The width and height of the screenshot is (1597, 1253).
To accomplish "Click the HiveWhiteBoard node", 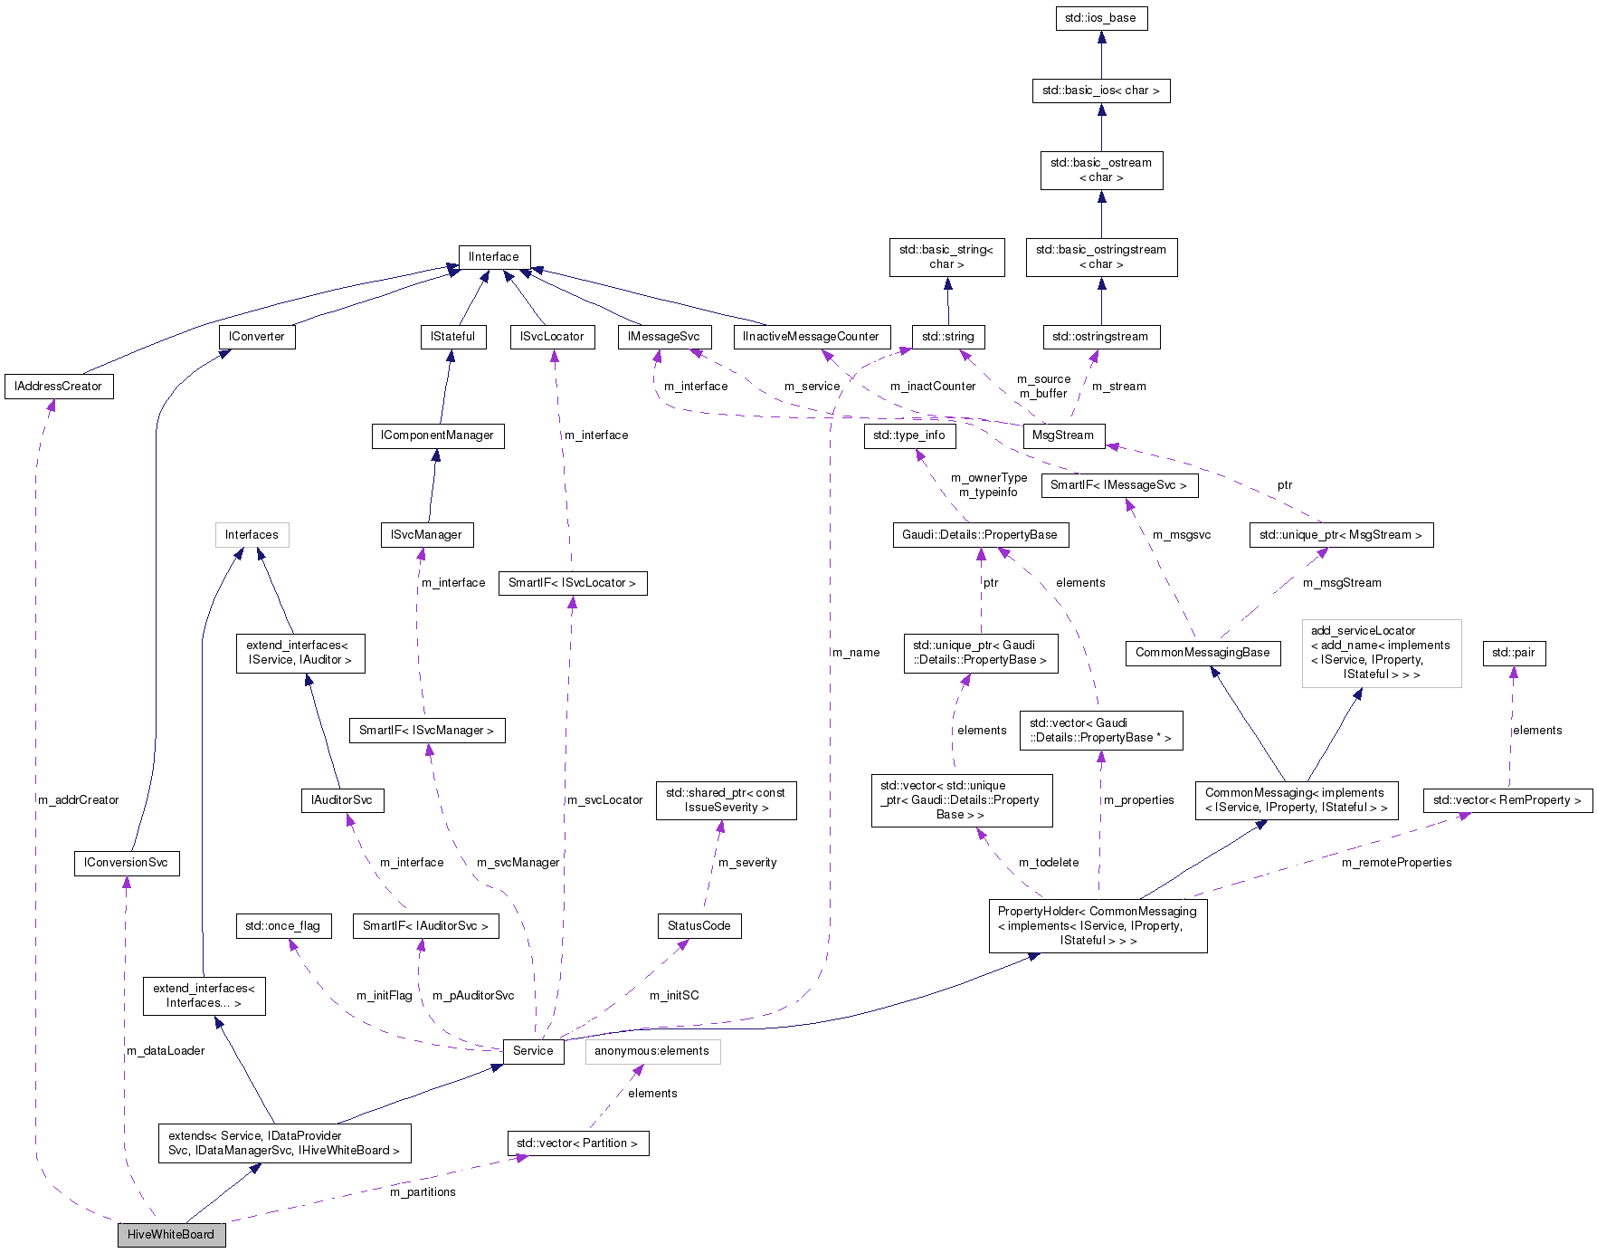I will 171,1234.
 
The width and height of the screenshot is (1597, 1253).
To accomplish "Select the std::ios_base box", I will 1101,18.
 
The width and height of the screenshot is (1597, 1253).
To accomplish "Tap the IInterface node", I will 494,257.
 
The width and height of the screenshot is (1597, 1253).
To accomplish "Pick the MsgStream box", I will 1062,435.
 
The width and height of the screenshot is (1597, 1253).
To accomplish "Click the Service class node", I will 533,1051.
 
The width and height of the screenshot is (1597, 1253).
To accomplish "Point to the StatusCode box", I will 699,926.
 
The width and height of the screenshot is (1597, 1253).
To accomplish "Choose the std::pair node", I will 1514,653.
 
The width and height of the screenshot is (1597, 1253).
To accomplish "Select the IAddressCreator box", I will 59,387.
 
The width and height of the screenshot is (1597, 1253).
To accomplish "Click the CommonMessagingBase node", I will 1203,653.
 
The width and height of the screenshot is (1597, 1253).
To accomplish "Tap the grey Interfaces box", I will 252,535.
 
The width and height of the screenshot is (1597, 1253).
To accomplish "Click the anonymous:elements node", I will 652,1051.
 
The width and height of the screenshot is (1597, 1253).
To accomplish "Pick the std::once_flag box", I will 282,926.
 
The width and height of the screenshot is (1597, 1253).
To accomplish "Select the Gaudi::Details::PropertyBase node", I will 980,535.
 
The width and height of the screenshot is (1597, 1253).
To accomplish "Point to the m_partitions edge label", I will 423,1192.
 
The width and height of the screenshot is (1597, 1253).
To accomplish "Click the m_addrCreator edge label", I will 79,800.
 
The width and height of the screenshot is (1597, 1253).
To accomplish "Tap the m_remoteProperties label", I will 1396,863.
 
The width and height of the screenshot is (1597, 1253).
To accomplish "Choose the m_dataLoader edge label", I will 166,1051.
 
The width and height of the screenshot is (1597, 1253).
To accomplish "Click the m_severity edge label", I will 747,863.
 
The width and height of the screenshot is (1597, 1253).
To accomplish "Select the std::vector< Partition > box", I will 577,1143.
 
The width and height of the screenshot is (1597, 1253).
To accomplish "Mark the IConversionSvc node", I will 126,863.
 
